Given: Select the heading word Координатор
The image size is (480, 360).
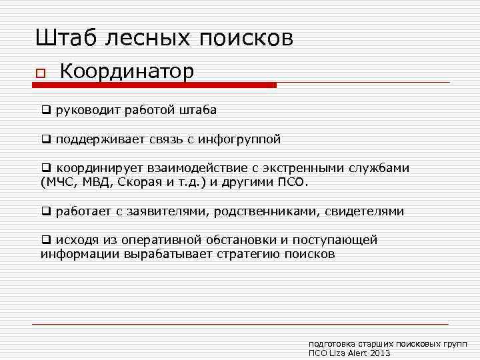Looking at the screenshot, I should pyautogui.click(x=127, y=71).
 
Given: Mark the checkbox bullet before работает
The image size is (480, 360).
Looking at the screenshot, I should pyautogui.click(x=46, y=211).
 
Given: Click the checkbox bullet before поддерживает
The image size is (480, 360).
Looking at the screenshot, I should pyautogui.click(x=46, y=139).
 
